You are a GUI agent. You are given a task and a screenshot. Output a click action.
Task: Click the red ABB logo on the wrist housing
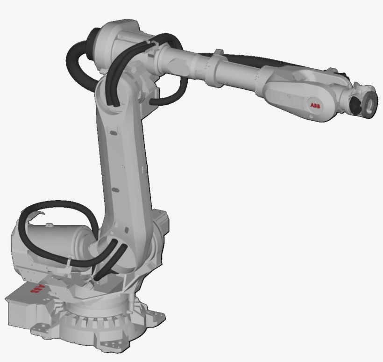tap(315, 105)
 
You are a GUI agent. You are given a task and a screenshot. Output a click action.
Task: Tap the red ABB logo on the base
tap(37, 289)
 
